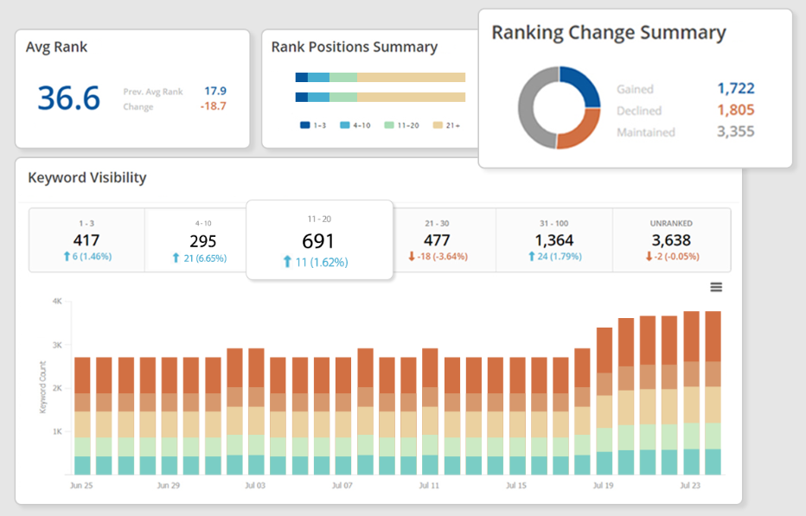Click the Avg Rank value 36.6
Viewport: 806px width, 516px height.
pos(69,98)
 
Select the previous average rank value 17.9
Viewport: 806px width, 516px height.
pos(215,91)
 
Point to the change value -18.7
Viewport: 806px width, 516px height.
pos(214,106)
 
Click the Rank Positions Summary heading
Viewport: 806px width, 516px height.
pos(354,47)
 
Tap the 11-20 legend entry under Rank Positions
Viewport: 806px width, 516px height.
pos(404,125)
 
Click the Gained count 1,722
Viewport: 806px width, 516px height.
pos(735,88)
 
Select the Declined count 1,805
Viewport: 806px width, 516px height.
pos(735,110)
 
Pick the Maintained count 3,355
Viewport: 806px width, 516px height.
pos(735,131)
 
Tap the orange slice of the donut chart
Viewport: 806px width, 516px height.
pos(579,131)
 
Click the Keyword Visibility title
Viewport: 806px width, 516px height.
pos(87,178)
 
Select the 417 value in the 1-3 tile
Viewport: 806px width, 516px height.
pos(86,240)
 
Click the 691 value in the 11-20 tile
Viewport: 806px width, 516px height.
pos(318,241)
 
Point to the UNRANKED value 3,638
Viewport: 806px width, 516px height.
pos(671,240)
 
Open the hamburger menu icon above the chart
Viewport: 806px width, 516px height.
pos(716,287)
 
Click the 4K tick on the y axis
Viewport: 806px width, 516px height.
pos(56,302)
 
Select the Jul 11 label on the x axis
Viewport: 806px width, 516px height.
pos(430,486)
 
